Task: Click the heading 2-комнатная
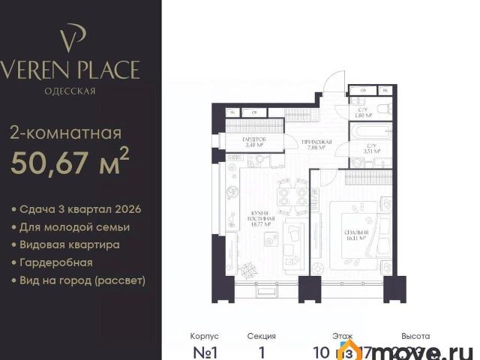(x=65, y=134)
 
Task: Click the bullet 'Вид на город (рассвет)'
(x=83, y=281)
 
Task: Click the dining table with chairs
(x=291, y=197)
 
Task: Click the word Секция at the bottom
(x=261, y=336)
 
